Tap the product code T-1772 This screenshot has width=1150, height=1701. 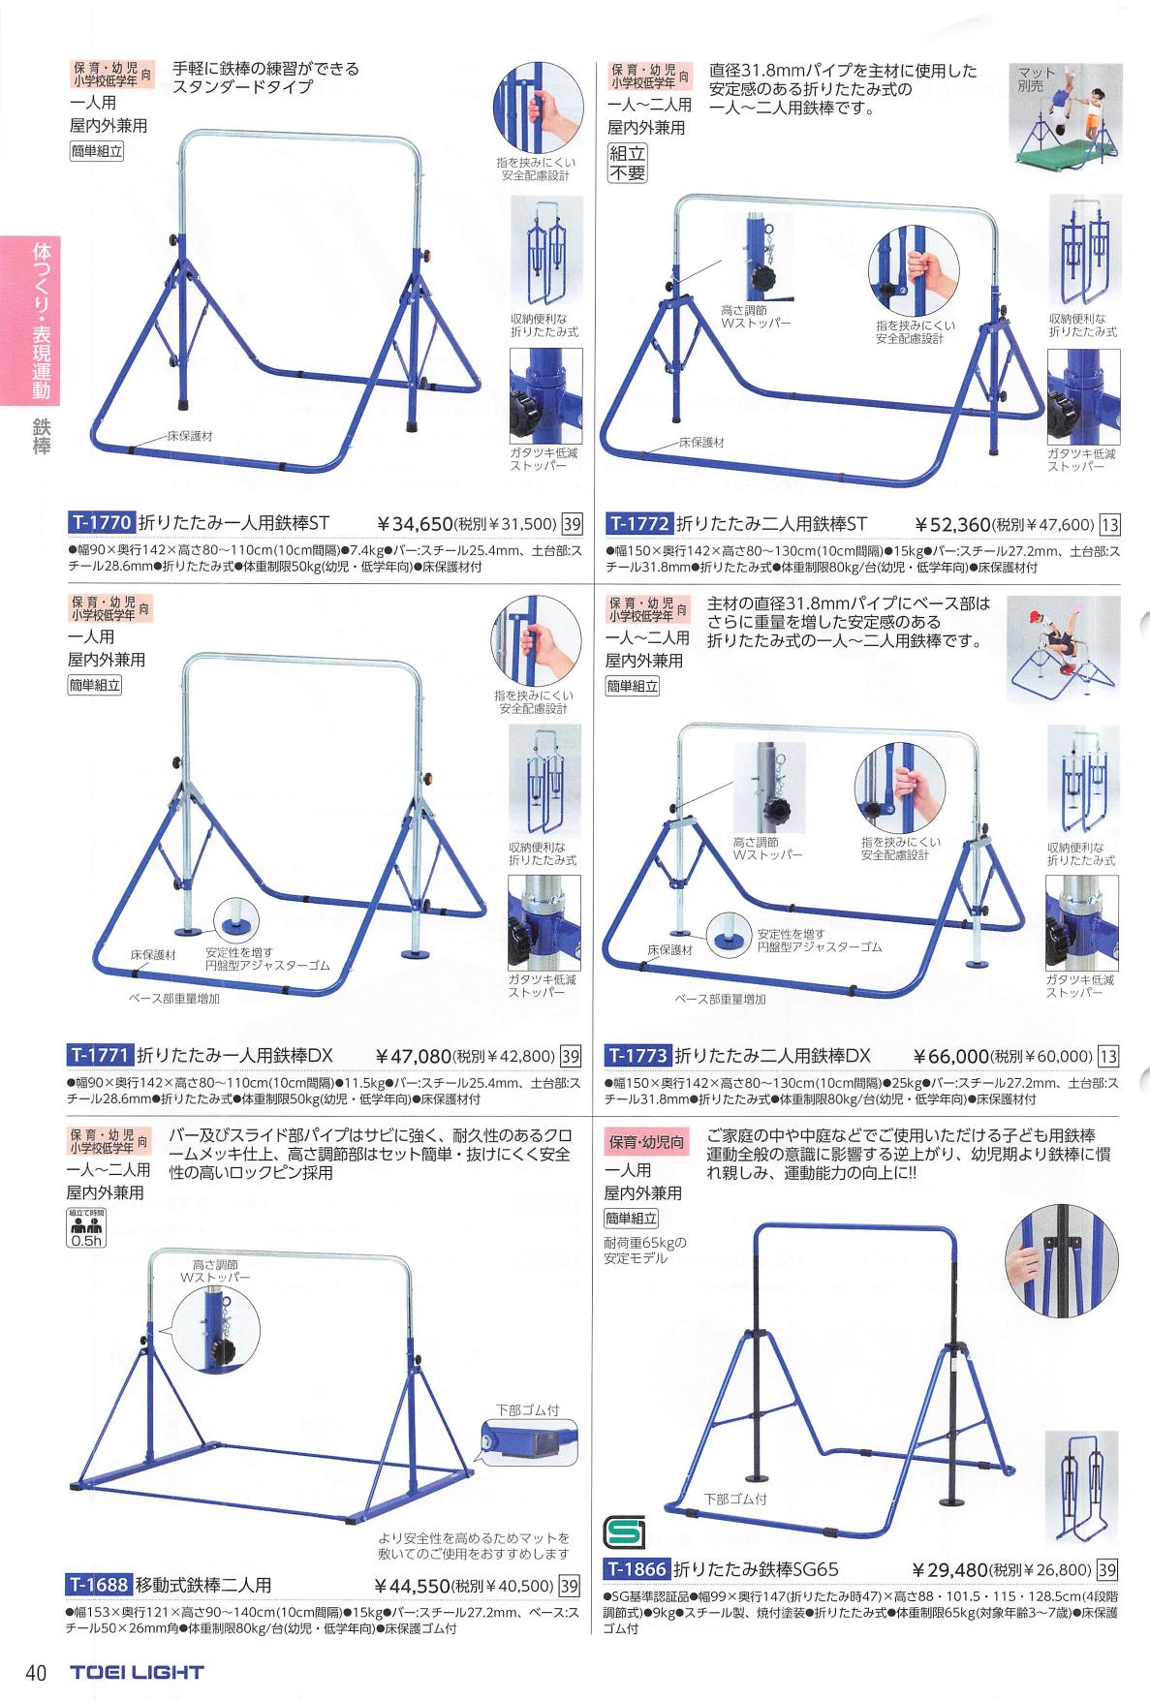638,524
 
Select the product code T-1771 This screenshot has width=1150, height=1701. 100,1055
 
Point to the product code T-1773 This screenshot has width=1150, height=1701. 638,1055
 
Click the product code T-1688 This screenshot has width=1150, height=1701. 100,1586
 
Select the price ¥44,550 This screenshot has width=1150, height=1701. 415,1587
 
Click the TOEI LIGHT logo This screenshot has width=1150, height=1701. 137,1672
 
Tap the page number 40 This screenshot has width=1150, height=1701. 37,1673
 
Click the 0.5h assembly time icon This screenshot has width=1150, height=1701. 86,1227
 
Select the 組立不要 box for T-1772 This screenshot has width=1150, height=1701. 626,163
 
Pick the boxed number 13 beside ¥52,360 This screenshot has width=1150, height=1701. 1109,525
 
